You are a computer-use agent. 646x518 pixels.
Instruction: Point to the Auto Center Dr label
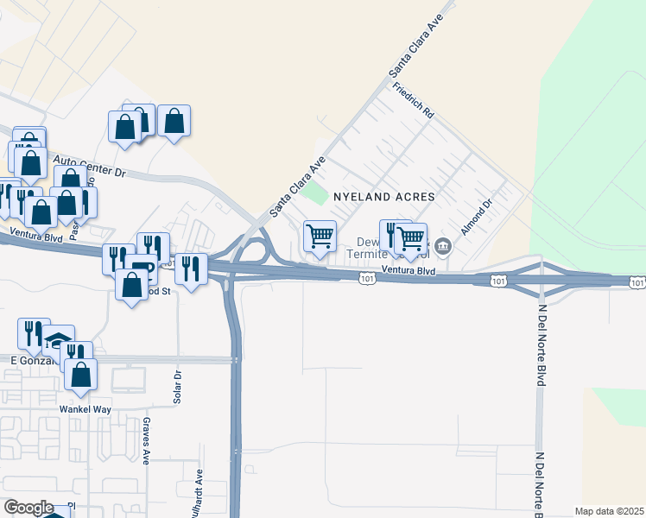click(x=90, y=166)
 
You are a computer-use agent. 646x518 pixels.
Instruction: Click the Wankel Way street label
click(x=81, y=408)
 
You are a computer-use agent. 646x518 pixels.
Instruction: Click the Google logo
click(x=28, y=508)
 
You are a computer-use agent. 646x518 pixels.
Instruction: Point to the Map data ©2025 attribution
click(x=610, y=511)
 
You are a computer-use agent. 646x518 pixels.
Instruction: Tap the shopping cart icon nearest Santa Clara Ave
click(x=320, y=236)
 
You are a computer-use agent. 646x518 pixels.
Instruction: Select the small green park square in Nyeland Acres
click(x=319, y=193)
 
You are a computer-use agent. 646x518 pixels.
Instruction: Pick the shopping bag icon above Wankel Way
click(x=80, y=373)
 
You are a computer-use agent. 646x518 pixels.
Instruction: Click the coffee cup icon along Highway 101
click(x=141, y=268)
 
